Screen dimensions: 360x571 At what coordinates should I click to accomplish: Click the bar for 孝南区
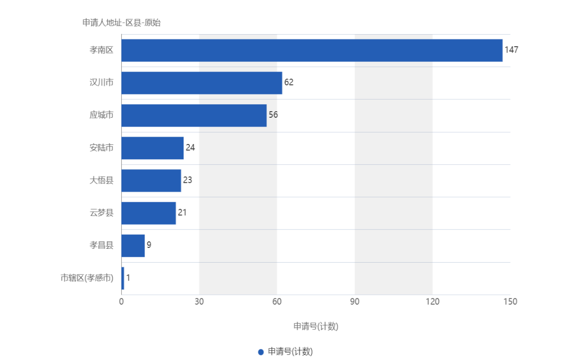tap(312, 50)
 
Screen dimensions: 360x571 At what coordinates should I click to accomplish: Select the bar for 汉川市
tap(202, 83)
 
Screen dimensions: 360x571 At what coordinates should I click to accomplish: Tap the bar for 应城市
tap(194, 115)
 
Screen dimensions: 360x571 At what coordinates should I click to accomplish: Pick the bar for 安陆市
tap(152, 148)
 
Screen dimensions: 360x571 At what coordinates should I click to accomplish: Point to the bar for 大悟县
tap(151, 180)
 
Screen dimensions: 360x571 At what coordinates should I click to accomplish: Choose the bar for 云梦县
tap(149, 213)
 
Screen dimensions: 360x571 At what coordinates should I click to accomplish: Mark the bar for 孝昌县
tap(133, 246)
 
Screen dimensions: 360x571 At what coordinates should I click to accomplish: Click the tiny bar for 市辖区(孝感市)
tap(123, 278)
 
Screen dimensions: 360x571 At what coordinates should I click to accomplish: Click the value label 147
tap(512, 50)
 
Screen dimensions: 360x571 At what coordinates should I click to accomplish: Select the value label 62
tap(289, 83)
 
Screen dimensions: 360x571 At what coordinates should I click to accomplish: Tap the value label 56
tap(273, 115)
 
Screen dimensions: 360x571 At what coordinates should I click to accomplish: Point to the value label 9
tap(149, 245)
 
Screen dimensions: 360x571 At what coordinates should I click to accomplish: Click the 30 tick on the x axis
tap(199, 301)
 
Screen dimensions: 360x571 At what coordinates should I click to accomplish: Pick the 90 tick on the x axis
tap(355, 301)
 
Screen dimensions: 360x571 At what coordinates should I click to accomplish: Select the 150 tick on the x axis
tap(511, 301)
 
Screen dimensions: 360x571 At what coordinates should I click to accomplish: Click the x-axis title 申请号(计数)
tap(316, 327)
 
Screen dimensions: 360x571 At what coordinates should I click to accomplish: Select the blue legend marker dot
tap(261, 352)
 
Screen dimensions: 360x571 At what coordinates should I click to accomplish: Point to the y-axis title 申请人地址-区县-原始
tap(121, 23)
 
